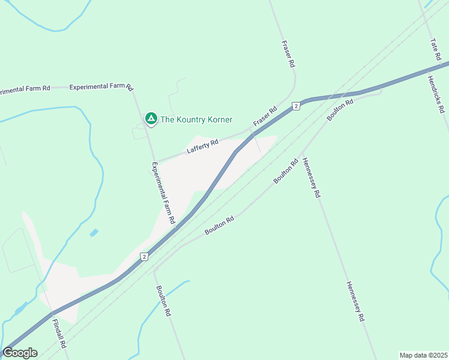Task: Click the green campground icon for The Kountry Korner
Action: tap(151, 119)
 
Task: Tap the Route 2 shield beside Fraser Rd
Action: tap(296, 106)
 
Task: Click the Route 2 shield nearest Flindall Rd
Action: tap(144, 257)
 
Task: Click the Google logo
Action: tap(20, 353)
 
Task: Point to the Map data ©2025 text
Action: tap(423, 355)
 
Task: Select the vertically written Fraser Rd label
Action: tap(288, 53)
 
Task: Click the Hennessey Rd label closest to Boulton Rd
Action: tap(312, 178)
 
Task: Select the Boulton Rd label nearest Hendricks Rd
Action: tap(340, 109)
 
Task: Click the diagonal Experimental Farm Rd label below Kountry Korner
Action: tap(163, 193)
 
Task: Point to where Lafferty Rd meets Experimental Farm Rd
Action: tap(156, 161)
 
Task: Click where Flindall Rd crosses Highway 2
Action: tap(52, 313)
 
